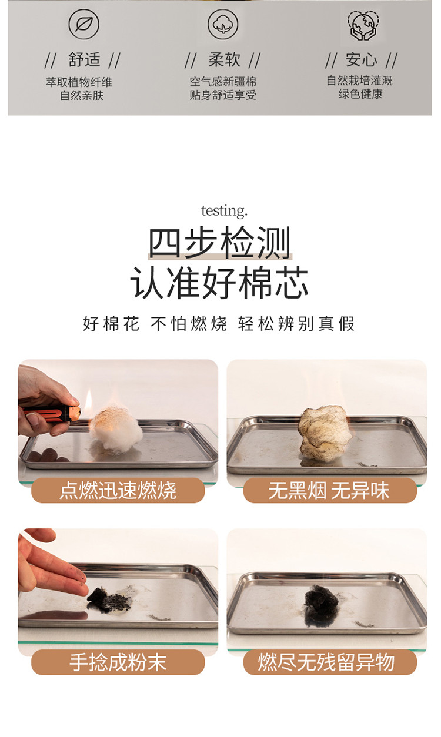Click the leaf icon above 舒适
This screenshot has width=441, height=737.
click(83, 24)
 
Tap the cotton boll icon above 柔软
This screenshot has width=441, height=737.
click(223, 24)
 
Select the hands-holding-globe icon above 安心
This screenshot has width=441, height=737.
click(363, 25)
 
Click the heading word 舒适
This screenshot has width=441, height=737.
click(84, 59)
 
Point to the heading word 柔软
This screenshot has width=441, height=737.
click(224, 59)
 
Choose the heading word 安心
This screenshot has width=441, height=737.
click(362, 59)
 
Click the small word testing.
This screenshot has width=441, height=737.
click(224, 211)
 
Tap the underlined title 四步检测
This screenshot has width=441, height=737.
click(220, 243)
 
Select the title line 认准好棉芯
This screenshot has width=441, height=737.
click(219, 283)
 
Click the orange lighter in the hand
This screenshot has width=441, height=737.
click(53, 413)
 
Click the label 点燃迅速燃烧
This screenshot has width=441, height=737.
click(118, 490)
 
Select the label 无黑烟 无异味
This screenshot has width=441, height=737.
click(329, 490)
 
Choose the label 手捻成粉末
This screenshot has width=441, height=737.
click(118, 662)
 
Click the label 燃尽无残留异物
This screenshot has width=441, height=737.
click(326, 662)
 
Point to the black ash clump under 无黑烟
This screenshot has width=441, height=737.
click(322, 605)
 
